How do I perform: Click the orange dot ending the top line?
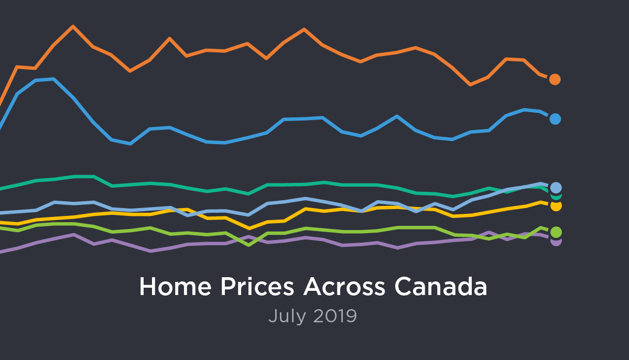tap(555, 79)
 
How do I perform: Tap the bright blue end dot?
tap(555, 119)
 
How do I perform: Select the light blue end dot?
tap(556, 187)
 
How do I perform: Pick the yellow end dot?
tap(556, 205)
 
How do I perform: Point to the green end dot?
tap(556, 232)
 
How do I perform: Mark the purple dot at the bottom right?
tap(556, 242)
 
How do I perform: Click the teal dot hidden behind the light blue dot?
tap(557, 195)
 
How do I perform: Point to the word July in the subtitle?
tap(287, 316)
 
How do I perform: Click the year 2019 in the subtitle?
tap(336, 316)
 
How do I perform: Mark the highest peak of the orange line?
tap(73, 26)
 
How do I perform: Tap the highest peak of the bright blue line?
tap(53, 79)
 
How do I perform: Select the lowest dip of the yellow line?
tap(250, 228)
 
